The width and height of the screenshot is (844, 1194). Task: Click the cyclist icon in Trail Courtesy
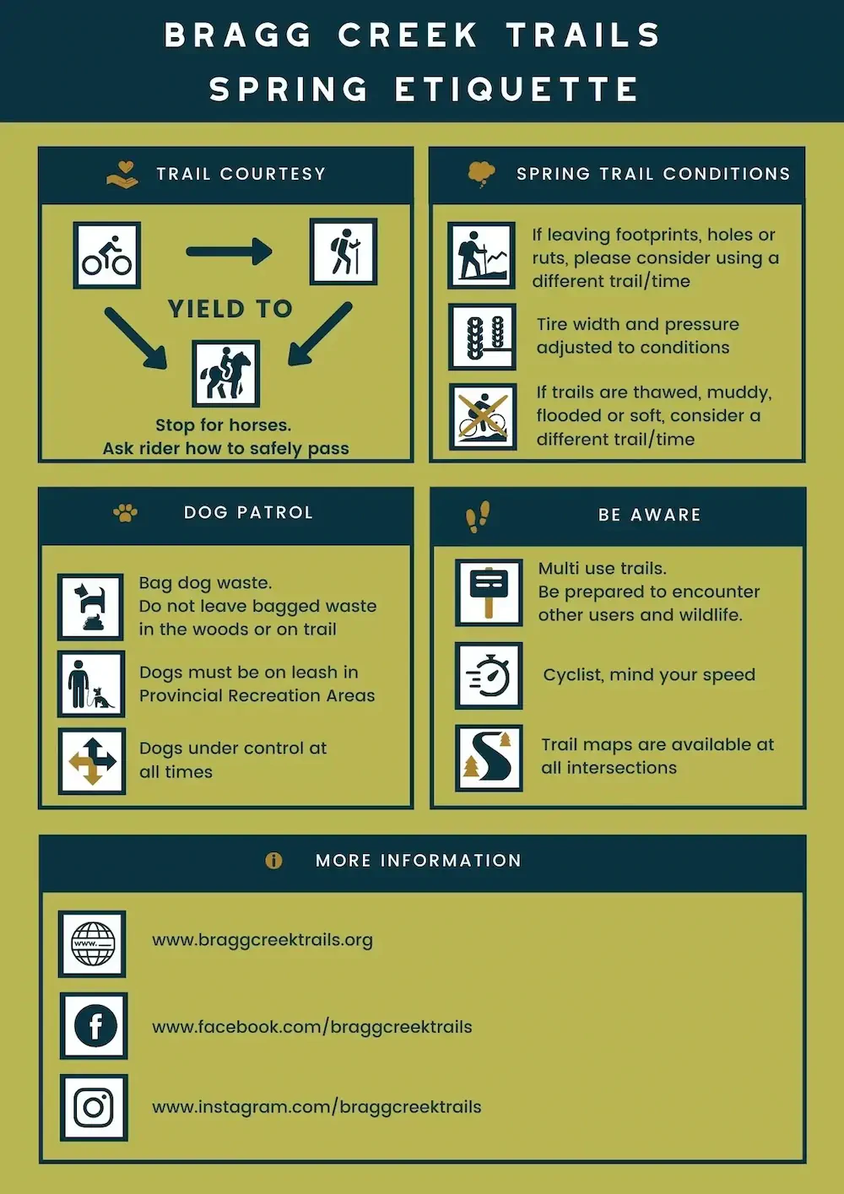click(x=107, y=256)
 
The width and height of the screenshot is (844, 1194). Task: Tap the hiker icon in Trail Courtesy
click(x=344, y=251)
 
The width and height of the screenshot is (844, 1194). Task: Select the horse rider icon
click(x=225, y=373)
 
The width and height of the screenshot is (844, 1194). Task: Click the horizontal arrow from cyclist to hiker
click(x=229, y=251)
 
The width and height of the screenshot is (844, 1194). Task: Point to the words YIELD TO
click(x=230, y=309)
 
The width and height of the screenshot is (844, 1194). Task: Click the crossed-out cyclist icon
click(x=483, y=417)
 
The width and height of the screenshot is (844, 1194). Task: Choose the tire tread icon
click(x=483, y=337)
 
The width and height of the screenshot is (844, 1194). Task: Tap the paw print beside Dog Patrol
click(x=125, y=512)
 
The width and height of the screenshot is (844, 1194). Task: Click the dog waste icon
click(x=91, y=607)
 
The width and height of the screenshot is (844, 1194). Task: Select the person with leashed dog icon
click(x=91, y=683)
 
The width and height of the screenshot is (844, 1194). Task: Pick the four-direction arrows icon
click(x=92, y=761)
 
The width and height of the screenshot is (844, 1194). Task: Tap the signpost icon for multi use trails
click(x=489, y=592)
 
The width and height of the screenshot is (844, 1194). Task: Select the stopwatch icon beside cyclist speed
click(x=489, y=676)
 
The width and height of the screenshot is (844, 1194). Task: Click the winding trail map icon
click(x=489, y=758)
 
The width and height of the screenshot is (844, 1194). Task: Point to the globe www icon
click(x=93, y=943)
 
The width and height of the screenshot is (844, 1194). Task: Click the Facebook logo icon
click(x=94, y=1026)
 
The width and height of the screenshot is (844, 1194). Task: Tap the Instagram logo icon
click(x=94, y=1107)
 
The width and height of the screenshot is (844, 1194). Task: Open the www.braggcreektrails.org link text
click(x=262, y=940)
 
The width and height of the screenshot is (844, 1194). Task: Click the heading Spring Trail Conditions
click(x=653, y=174)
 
